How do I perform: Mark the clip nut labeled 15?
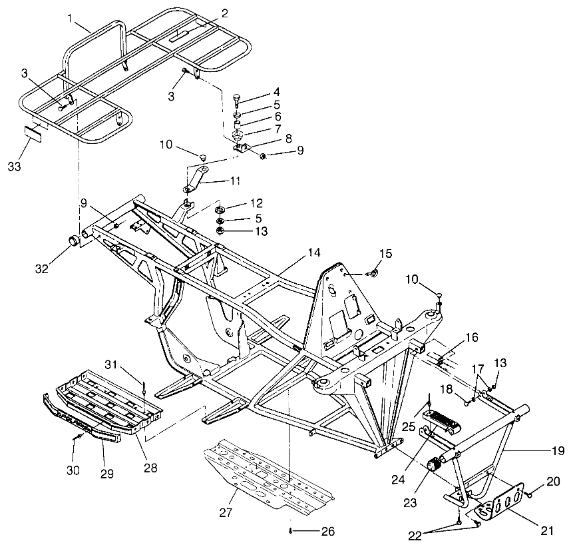click(x=373, y=272)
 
